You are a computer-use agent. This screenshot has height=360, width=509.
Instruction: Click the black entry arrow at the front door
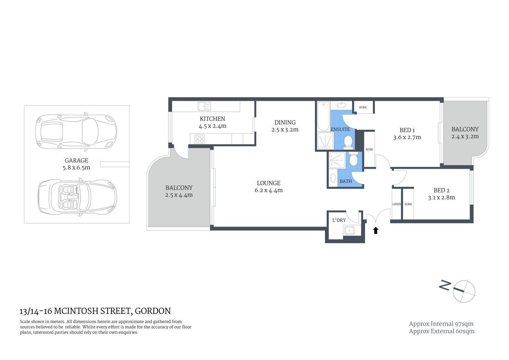tap(376, 230)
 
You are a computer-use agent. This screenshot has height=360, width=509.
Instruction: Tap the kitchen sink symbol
tap(204, 106)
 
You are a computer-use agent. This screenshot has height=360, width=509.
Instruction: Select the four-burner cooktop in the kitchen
tap(199, 139)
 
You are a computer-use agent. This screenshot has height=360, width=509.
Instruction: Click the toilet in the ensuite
tap(348, 141)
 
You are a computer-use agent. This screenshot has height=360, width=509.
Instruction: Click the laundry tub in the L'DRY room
tap(349, 230)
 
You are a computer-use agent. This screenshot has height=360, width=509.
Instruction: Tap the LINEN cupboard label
tap(397, 204)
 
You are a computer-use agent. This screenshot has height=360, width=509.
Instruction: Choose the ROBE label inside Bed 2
tap(408, 204)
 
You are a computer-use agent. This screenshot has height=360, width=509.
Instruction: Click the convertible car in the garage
tap(77, 197)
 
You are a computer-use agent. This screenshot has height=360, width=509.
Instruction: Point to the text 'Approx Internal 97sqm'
tap(441, 324)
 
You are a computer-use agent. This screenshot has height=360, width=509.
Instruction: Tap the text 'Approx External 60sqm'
tap(442, 331)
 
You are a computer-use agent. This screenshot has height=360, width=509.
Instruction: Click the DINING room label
tap(285, 122)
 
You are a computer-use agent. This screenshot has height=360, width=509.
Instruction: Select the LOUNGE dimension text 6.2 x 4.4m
tap(268, 190)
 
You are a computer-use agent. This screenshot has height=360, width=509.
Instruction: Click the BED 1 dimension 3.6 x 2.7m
tap(407, 137)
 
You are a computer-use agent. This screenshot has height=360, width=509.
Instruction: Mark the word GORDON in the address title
tap(153, 311)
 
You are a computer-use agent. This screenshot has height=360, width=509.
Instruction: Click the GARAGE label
tap(76, 160)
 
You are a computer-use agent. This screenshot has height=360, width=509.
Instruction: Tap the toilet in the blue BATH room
tap(353, 160)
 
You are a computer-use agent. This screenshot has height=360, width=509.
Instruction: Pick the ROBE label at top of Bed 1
tap(363, 107)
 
